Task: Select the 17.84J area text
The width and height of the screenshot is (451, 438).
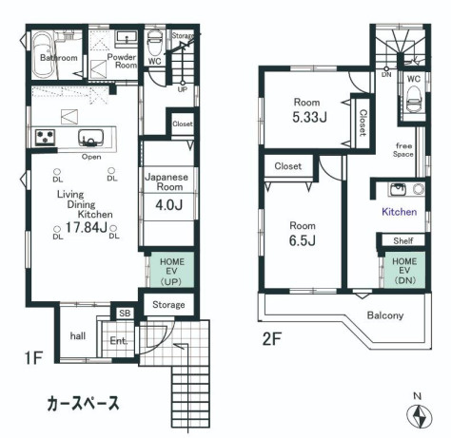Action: pos(85,229)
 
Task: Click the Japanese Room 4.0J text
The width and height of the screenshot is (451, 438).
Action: pos(168,202)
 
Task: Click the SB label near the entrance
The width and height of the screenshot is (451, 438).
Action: pos(125,314)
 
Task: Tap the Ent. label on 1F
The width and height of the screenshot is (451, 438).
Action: pos(118,339)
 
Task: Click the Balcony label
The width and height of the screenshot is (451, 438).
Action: pos(385,315)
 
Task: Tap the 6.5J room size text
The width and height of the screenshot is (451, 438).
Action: pos(302,239)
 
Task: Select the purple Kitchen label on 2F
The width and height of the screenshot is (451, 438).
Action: pos(399,213)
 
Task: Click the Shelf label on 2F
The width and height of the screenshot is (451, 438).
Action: pos(404,241)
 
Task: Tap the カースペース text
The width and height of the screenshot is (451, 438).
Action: pos(83,403)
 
